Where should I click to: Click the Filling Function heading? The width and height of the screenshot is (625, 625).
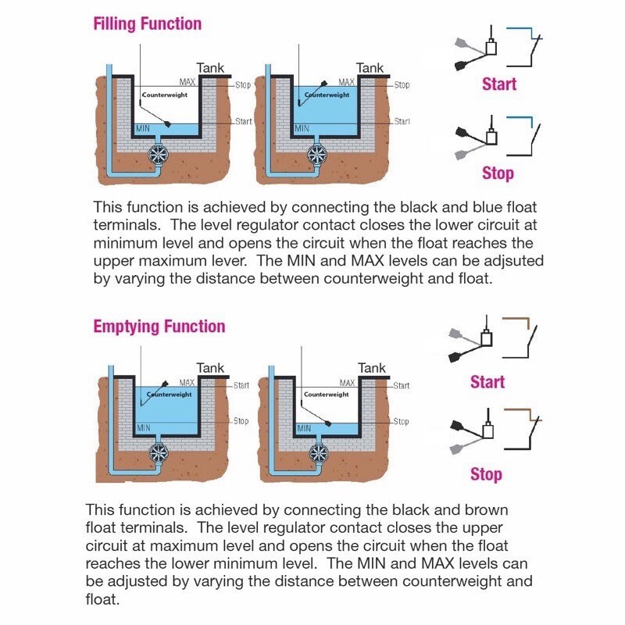[147, 24]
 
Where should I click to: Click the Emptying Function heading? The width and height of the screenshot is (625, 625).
[159, 327]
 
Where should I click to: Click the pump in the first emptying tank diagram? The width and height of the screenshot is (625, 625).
[159, 453]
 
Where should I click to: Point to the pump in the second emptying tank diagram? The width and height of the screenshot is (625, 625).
[319, 453]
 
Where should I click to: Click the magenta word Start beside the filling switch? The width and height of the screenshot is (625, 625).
[498, 84]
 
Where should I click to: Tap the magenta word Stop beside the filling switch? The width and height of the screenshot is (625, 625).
[497, 173]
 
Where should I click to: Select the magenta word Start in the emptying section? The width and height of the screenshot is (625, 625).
[487, 382]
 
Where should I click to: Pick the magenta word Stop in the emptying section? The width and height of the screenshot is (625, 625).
[486, 474]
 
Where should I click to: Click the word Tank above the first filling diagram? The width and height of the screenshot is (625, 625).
[210, 68]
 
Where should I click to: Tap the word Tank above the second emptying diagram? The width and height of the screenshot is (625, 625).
[371, 368]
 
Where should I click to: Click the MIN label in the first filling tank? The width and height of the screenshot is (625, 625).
[143, 127]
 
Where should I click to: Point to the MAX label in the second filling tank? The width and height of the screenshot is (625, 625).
[347, 82]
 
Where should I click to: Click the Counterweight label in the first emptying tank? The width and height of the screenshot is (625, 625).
[170, 395]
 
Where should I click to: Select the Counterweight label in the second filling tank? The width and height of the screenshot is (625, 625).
[327, 95]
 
